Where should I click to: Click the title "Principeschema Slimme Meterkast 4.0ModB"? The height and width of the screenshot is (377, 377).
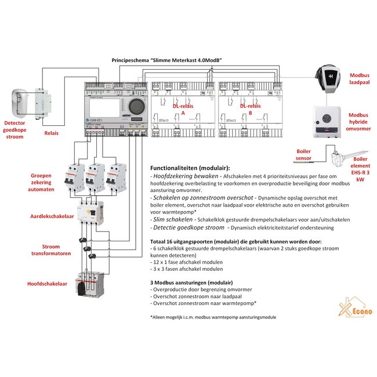click(168, 60)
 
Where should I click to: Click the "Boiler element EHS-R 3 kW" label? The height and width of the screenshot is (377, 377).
click(360, 168)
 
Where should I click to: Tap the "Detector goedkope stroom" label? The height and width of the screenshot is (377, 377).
click(23, 130)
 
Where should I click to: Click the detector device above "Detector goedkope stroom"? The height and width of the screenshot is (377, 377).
click(20, 103)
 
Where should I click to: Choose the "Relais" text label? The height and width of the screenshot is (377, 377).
click(52, 132)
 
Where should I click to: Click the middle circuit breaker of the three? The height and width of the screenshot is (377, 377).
click(96, 178)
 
